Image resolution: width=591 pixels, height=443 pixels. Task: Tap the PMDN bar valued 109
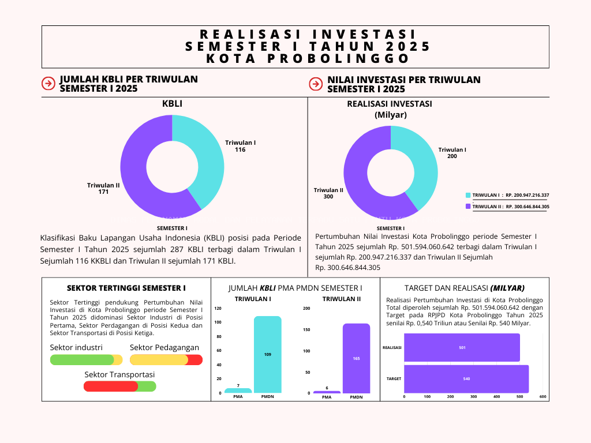click(267, 354)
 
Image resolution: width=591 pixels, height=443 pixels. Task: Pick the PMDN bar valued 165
click(356, 358)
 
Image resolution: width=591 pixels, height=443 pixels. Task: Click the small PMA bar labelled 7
click(238, 391)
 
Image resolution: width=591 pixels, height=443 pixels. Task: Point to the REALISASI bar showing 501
click(462, 348)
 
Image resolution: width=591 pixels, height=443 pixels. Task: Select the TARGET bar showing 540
click(466, 379)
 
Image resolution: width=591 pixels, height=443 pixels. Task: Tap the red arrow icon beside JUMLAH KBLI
click(48, 84)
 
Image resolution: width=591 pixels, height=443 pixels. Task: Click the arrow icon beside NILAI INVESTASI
click(315, 84)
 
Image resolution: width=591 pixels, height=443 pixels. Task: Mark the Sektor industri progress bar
click(86, 360)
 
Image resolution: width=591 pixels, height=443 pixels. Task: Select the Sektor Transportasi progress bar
click(119, 386)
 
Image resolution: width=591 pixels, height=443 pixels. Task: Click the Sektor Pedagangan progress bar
click(166, 360)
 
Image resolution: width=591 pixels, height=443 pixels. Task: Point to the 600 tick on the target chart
click(543, 397)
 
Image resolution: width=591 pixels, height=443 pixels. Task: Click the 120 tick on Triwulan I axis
click(218, 309)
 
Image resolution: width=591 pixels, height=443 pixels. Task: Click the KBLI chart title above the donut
click(172, 104)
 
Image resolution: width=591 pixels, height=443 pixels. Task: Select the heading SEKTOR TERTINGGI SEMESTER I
click(126, 287)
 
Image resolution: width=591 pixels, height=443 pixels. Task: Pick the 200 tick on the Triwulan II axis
click(306, 309)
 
